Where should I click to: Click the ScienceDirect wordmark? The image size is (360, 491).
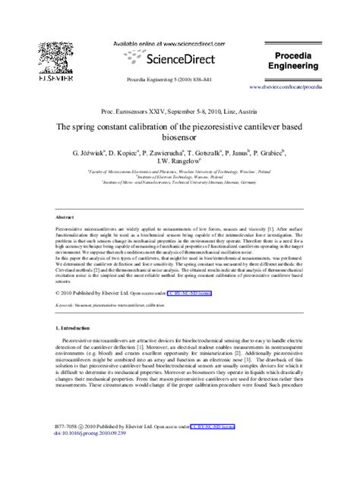172,58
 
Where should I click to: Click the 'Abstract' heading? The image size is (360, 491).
65,216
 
